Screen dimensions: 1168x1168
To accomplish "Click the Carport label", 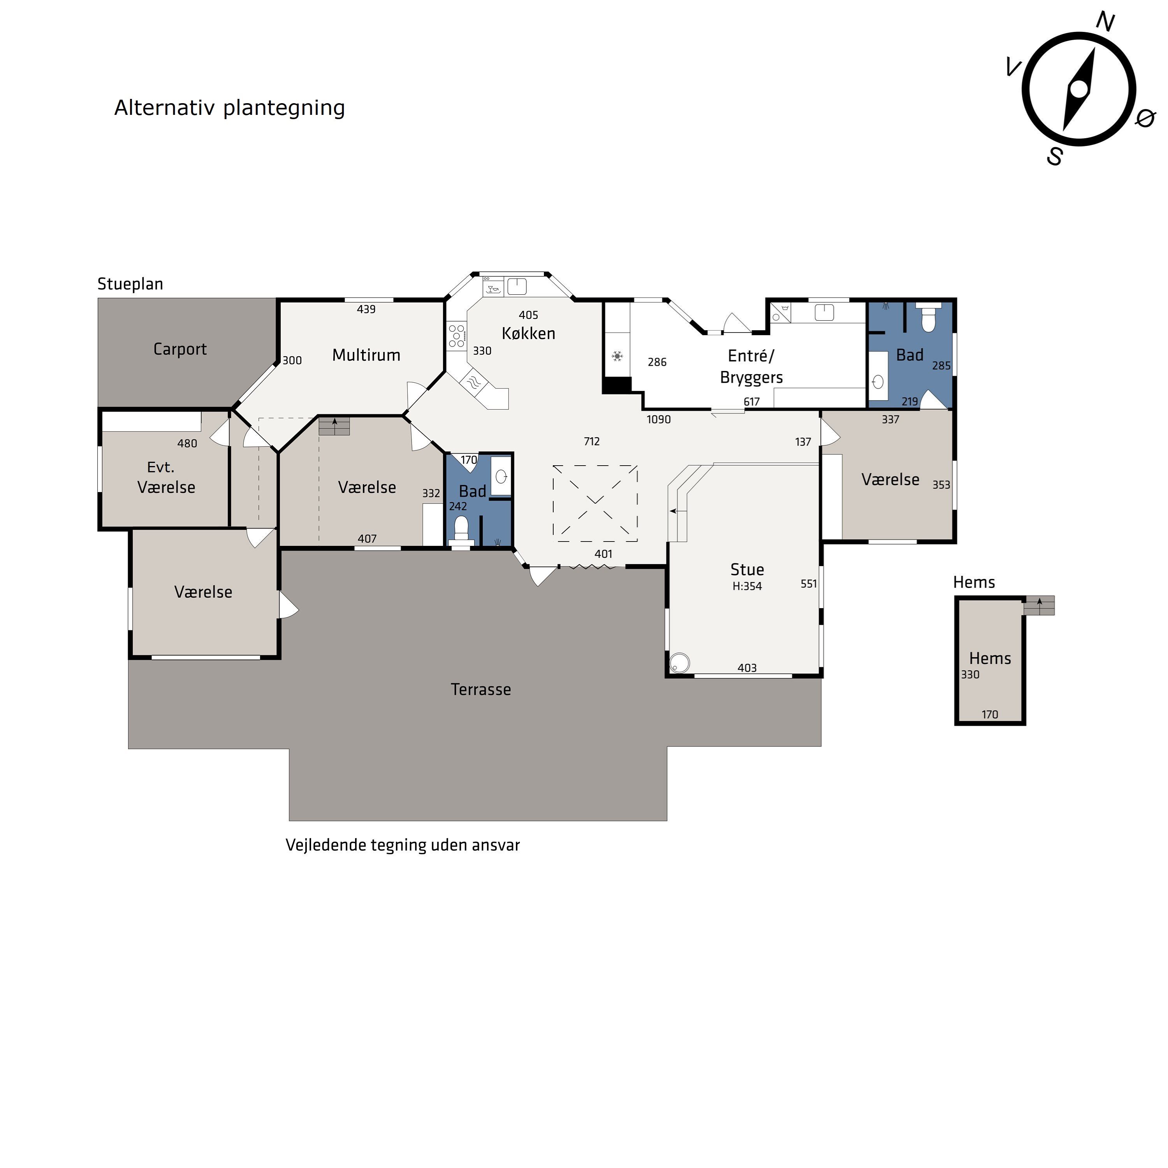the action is [x=180, y=350].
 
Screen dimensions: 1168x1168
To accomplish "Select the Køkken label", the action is [x=528, y=333].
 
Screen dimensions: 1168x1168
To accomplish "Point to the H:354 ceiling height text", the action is [x=747, y=586].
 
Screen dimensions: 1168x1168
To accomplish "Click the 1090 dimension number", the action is [x=658, y=420].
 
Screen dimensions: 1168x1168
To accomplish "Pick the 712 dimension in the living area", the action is [x=592, y=442].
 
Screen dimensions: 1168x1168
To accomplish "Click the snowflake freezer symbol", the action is [x=617, y=356].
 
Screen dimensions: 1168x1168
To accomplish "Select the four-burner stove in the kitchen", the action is [x=456, y=336].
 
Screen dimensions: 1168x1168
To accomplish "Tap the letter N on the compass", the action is [x=1106, y=22].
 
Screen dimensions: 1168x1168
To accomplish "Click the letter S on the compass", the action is [x=1055, y=157].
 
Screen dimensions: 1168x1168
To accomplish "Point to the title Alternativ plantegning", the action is [x=230, y=107].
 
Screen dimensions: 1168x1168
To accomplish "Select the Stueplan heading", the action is [x=130, y=284].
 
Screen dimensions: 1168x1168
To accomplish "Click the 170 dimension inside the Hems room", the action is [x=990, y=714].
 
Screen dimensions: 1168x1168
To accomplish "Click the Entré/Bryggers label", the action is [x=751, y=366].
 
